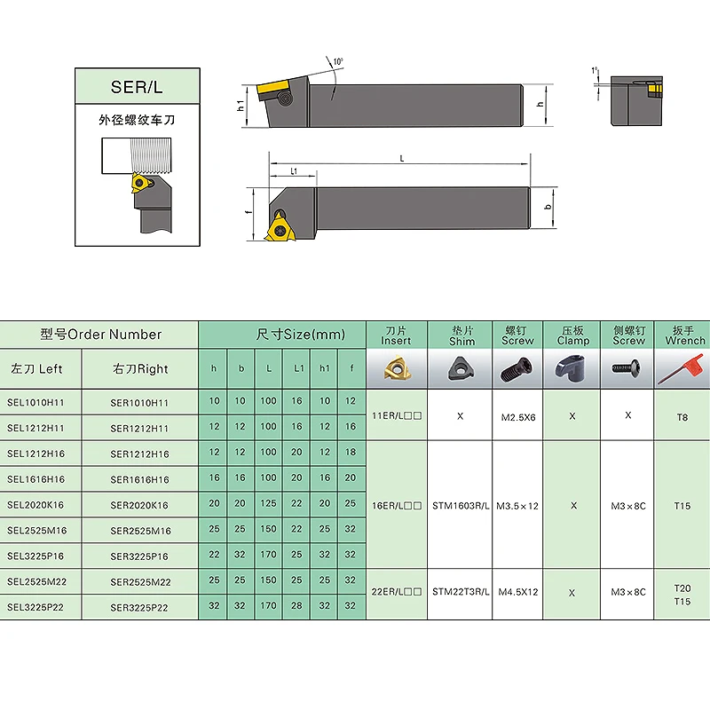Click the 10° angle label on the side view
tap(337, 62)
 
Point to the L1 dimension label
tap(293, 170)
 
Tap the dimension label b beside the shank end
tap(548, 207)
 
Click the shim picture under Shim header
tap(461, 367)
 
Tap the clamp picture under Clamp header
tap(572, 367)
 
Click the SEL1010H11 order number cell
tap(36, 402)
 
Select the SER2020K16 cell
tap(139, 505)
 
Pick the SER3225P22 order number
tap(139, 607)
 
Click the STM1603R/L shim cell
tap(461, 505)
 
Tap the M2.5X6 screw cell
tap(517, 415)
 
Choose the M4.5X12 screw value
tap(517, 591)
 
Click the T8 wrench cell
tap(682, 415)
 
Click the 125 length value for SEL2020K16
tap(268, 504)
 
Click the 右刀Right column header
tap(140, 368)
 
